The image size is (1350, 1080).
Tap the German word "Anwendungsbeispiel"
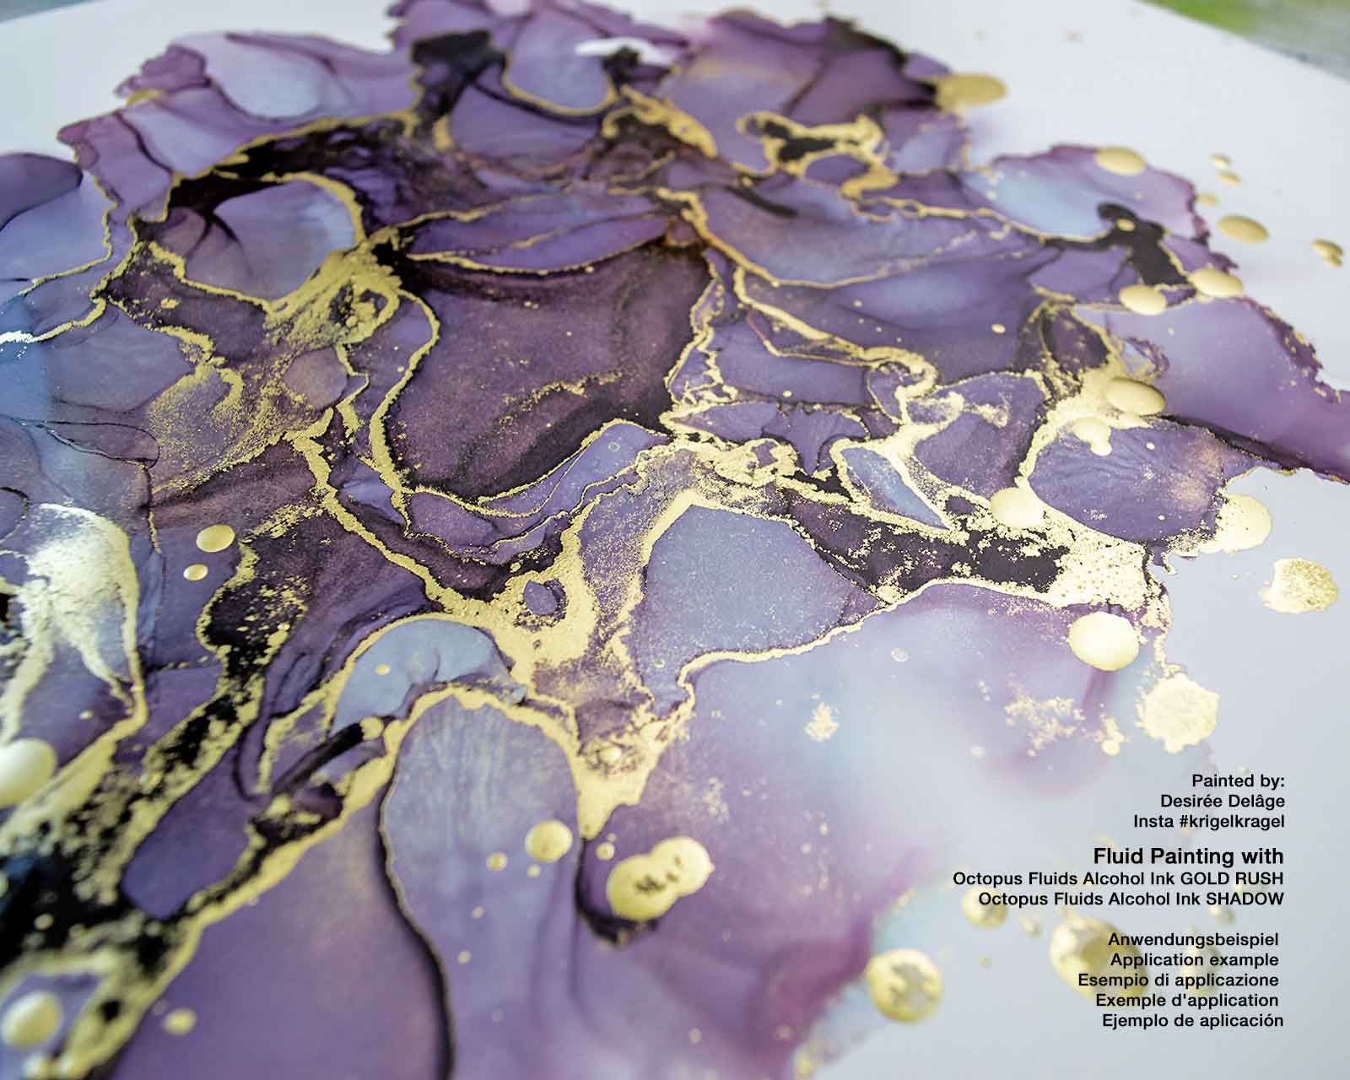pos(1195,939)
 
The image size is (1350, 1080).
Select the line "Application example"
pos(1195,959)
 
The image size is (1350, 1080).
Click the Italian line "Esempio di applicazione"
pos(1179,980)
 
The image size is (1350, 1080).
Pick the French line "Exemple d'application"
pos(1187,1000)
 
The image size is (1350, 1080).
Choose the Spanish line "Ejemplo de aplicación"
pos(1192,1021)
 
